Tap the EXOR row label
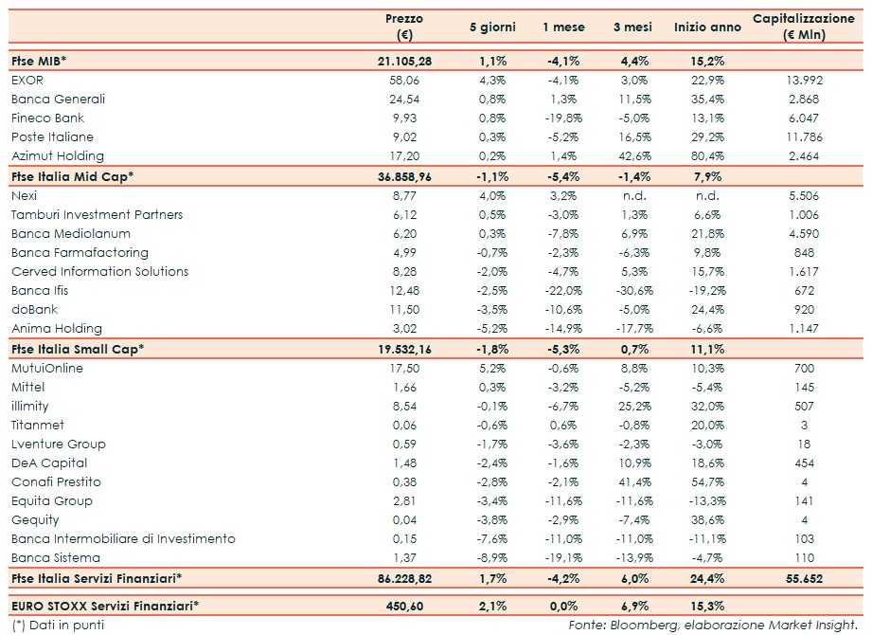[27, 81]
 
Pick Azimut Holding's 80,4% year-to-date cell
[698, 156]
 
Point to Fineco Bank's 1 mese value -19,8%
[563, 118]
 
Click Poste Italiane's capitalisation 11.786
[804, 137]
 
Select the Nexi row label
[24, 196]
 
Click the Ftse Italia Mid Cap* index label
[73, 176]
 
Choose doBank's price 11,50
[404, 310]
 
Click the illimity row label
[30, 407]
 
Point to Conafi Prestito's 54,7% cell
[698, 482]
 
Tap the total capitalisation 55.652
[804, 577]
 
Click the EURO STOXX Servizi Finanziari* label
[110, 605]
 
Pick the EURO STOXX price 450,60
[404, 605]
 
